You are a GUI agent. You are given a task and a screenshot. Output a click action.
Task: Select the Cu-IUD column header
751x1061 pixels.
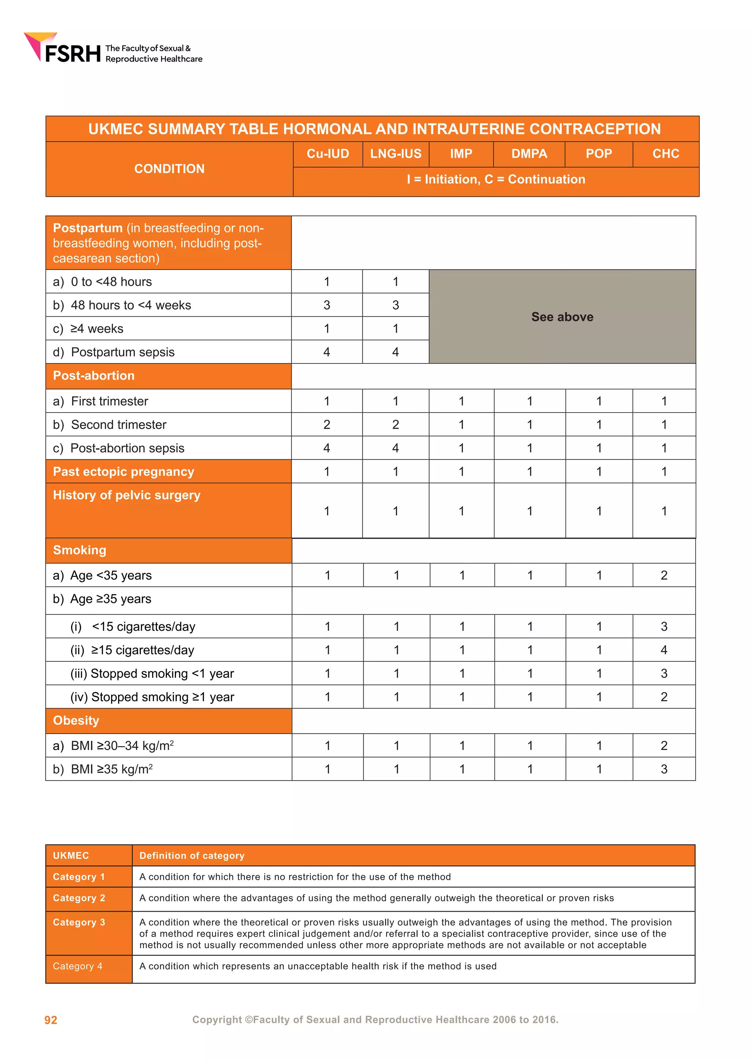327,154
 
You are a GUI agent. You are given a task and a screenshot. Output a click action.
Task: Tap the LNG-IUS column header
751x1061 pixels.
395,154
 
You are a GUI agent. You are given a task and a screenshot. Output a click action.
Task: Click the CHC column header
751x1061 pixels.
666,154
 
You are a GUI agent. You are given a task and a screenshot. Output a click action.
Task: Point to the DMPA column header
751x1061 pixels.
529,154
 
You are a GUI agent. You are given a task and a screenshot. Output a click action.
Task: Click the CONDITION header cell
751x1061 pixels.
169,169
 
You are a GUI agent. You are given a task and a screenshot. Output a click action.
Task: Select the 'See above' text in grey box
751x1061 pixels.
562,317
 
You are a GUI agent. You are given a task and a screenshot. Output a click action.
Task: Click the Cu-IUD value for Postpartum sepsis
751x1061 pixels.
326,352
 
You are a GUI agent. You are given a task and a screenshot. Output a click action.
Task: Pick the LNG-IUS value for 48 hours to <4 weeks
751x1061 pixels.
395,305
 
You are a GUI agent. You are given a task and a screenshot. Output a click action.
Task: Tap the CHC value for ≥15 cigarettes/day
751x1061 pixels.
664,650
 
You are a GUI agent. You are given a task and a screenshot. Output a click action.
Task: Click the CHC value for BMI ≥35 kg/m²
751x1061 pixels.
664,769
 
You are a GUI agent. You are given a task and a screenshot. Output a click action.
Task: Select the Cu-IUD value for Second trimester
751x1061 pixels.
326,425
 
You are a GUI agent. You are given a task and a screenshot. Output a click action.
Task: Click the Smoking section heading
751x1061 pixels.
80,550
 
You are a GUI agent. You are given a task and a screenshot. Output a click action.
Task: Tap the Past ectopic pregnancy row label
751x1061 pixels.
124,472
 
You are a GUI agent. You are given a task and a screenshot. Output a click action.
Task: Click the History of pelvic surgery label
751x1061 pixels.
127,495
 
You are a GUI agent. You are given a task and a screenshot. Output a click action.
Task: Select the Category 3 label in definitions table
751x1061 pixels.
79,923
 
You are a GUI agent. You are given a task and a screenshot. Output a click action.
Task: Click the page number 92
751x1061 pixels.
51,1020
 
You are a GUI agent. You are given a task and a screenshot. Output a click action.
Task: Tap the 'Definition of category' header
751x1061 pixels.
192,856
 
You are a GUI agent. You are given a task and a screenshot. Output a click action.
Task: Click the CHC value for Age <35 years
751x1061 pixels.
664,575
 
